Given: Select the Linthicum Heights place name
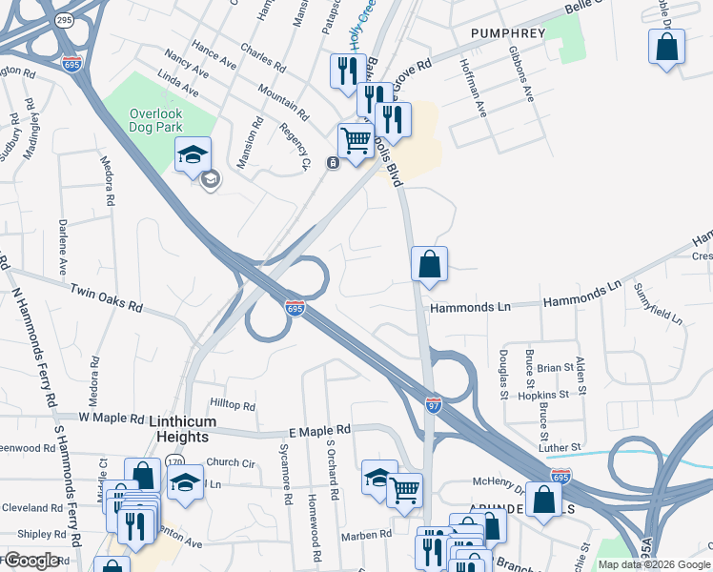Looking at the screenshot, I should pos(182,429).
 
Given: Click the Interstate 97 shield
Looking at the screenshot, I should pos(434,404).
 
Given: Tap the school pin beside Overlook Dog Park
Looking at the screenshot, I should pos(193,154).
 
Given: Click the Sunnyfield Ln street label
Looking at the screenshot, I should pos(659,303).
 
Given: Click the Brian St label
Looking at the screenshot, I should pos(555,366).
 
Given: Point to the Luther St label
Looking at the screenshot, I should pos(561,447).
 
